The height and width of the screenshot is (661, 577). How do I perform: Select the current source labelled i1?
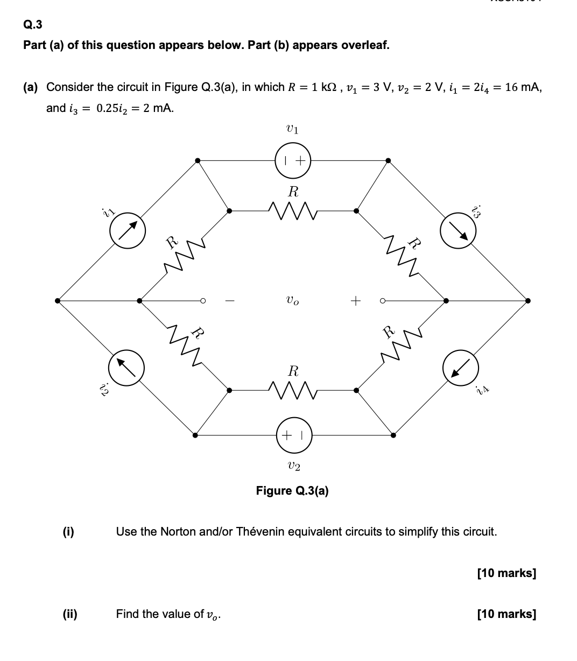pyautogui.click(x=128, y=231)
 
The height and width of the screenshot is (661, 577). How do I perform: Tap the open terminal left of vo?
pyautogui.click(x=203, y=300)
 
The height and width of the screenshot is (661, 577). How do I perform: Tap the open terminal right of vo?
pyautogui.click(x=382, y=300)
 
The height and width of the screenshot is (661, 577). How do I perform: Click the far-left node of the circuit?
pyautogui.click(x=58, y=300)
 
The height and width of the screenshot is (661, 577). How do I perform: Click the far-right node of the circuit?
pyautogui.click(x=528, y=300)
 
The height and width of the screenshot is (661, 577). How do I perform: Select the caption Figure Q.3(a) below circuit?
pyautogui.click(x=292, y=490)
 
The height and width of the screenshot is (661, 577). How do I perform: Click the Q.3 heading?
pyautogui.click(x=32, y=24)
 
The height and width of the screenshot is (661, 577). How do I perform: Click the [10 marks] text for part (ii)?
pyautogui.click(x=506, y=614)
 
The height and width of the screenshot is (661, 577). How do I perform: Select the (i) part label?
pyautogui.click(x=68, y=532)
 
